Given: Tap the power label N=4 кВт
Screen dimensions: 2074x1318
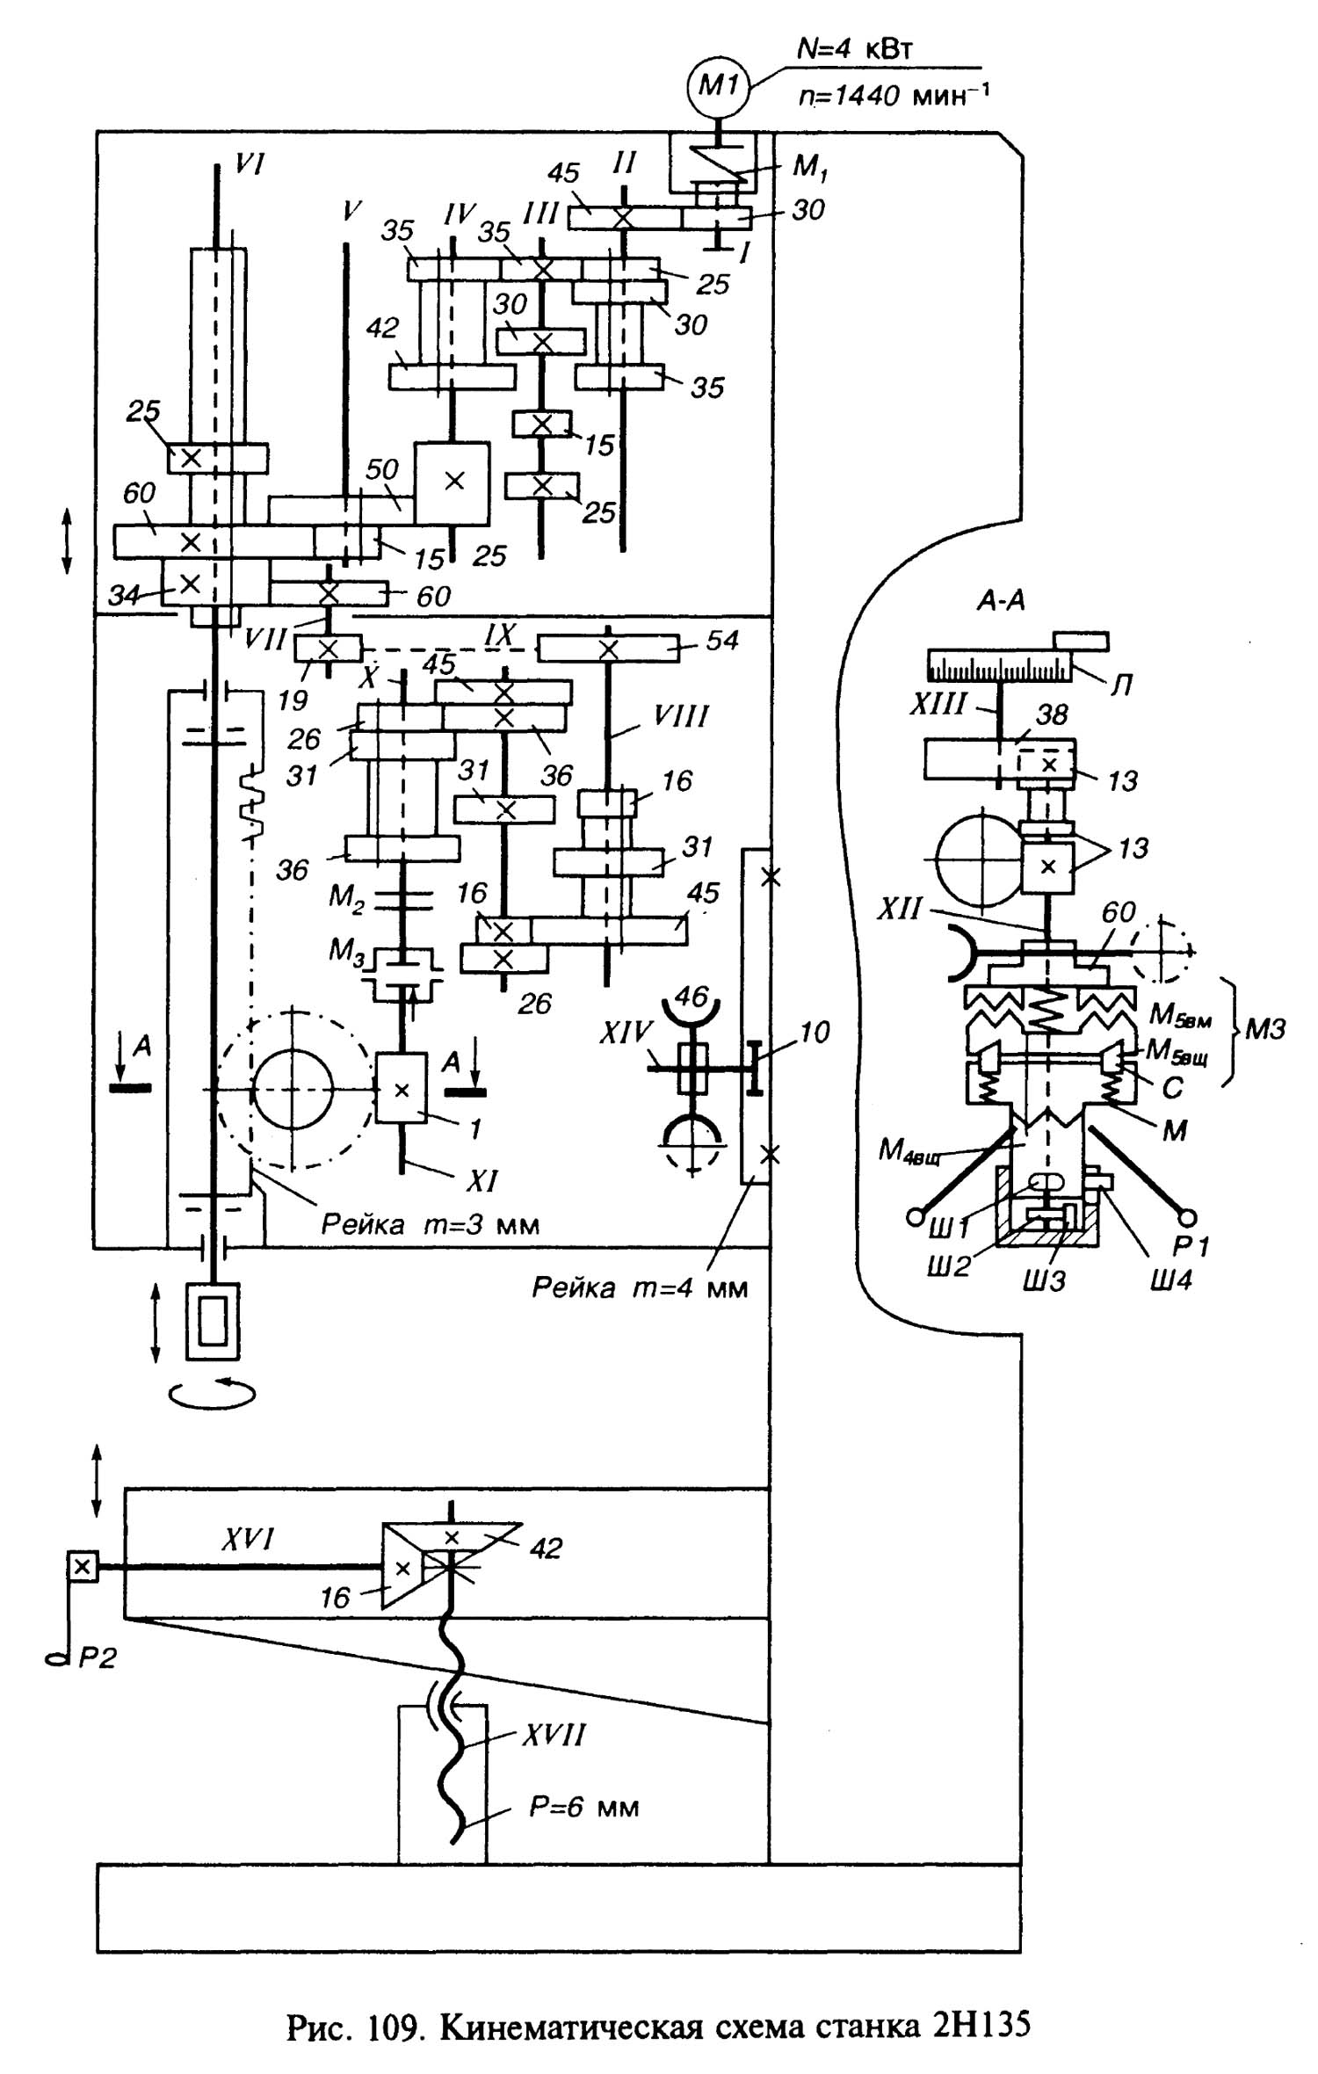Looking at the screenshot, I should click(854, 48).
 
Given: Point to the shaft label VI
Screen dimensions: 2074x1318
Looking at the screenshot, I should click(249, 163).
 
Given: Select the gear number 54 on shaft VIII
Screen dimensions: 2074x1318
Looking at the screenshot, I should click(721, 641).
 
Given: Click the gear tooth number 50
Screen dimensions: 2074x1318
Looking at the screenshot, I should click(381, 469).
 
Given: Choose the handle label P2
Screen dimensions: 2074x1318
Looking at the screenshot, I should click(97, 1657).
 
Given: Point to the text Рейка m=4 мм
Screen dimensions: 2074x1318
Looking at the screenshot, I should click(639, 1288).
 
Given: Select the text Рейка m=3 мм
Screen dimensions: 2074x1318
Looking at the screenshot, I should click(430, 1224).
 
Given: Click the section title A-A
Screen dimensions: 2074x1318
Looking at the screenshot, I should click(1001, 601).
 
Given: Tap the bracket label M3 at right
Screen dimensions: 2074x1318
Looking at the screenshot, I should click(1264, 1029).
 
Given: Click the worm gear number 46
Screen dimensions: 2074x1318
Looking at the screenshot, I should click(691, 997).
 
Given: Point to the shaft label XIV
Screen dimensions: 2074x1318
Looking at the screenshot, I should click(626, 1033).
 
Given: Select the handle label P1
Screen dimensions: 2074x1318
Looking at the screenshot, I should click(1191, 1246).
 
